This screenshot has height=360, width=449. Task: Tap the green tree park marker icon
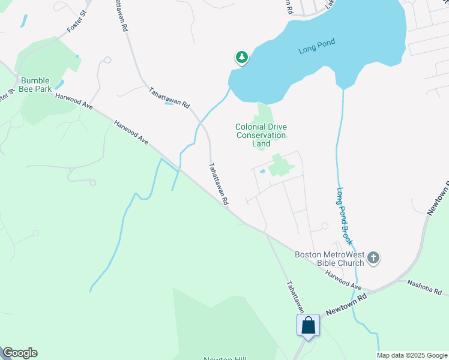click(241, 57)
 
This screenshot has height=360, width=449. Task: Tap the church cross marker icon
click(373, 259)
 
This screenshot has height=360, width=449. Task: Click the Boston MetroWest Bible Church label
click(330, 259)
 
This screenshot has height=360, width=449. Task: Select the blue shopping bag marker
click(308, 325)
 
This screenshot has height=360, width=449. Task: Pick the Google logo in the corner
click(20, 353)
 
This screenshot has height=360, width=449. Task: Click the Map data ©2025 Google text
click(412, 355)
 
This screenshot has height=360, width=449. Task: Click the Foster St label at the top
click(79, 19)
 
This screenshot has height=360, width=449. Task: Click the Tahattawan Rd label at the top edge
click(120, 15)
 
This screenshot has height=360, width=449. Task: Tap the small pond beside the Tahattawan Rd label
click(169, 104)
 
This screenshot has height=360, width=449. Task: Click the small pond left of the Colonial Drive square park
click(263, 172)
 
